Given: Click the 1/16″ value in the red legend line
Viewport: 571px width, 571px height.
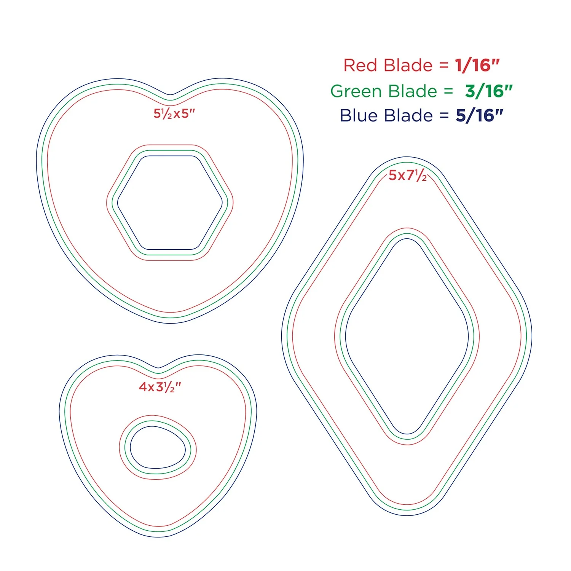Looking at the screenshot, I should pos(477,65).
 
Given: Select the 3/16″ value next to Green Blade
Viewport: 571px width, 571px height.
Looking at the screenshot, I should pos(489,91).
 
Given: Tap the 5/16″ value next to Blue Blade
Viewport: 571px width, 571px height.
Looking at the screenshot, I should pos(479,116).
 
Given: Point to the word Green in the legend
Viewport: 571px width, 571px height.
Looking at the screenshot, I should pos(356,91).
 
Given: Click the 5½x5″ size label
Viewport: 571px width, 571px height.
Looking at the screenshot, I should pos(174,114).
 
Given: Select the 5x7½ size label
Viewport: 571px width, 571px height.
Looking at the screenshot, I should pos(407,175).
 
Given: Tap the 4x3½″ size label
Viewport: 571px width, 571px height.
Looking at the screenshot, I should pos(160,387).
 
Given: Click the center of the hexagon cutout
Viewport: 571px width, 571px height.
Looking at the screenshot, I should pos(170,203).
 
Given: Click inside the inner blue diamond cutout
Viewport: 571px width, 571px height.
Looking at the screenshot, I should pos(407,336).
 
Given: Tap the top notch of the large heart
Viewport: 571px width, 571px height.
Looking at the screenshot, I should pos(170,94).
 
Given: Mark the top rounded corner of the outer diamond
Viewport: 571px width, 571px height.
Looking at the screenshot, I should pos(407,157).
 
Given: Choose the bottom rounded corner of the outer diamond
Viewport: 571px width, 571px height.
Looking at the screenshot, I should pos(407,515).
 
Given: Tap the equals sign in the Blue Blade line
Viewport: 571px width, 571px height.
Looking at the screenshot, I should pos(444,116).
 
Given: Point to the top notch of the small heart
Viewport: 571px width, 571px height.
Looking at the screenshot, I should pos(158,368).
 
